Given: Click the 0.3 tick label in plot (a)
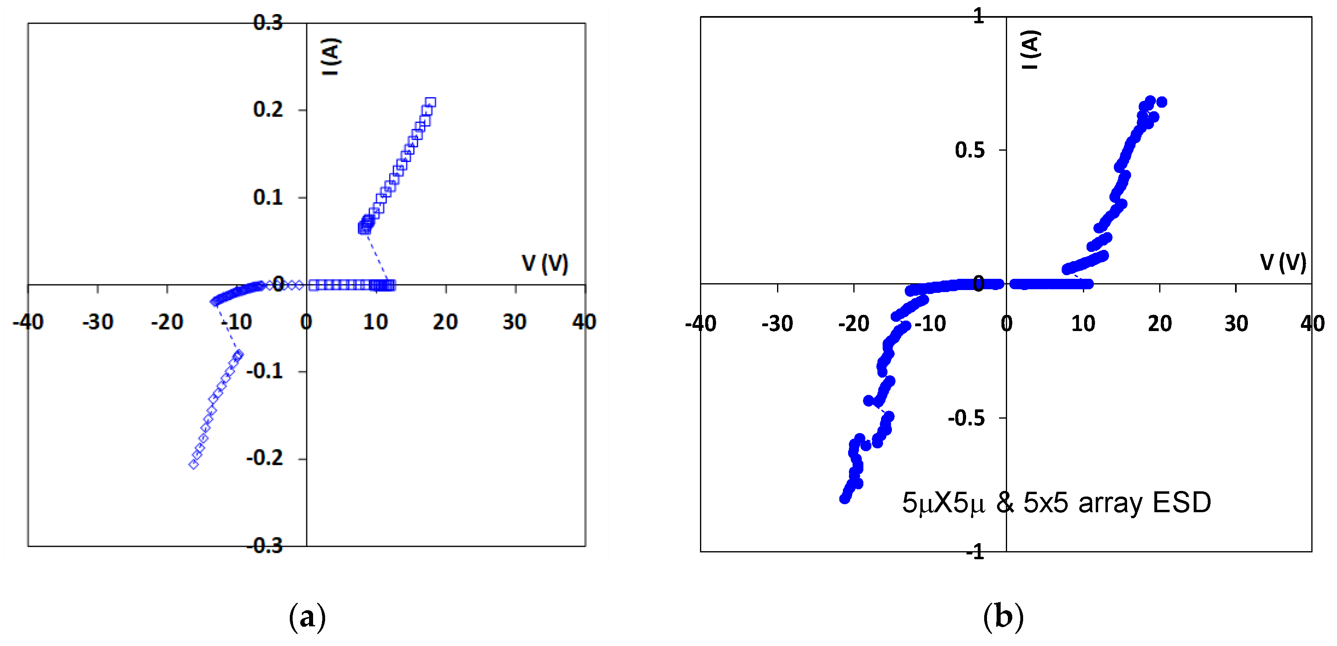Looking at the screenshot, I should [x=268, y=22].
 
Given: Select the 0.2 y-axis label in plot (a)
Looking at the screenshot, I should [x=268, y=110].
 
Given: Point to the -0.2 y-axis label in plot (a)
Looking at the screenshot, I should [x=265, y=458].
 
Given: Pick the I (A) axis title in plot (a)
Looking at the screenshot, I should [x=331, y=57].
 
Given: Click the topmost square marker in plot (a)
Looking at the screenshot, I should [x=430, y=102].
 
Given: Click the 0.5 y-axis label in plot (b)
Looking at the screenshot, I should [x=969, y=150].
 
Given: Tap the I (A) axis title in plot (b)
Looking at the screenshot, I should [x=1030, y=49].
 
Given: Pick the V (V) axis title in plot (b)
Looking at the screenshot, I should [x=1283, y=262].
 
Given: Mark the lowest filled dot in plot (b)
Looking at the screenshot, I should [x=845, y=499].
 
